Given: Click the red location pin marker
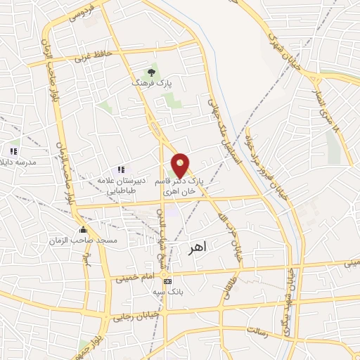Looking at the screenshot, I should [181, 165].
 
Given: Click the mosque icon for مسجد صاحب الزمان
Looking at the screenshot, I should [84, 230].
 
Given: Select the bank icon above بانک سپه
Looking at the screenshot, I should [167, 281].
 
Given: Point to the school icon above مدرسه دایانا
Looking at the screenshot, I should [13, 150].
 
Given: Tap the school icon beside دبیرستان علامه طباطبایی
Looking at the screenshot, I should [121, 169].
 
